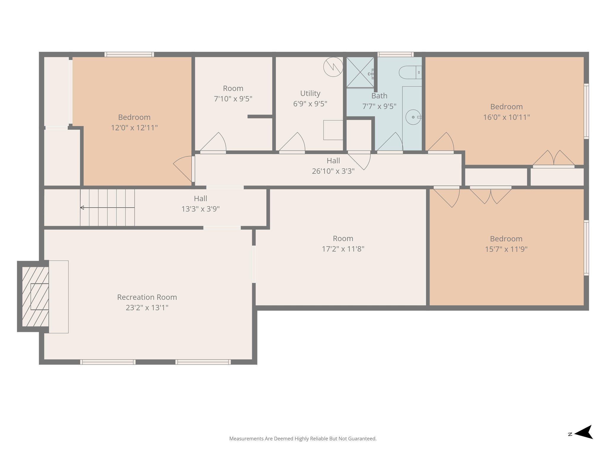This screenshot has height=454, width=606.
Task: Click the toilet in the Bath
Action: click(410, 72)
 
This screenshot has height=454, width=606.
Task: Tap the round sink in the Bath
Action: click(413, 117)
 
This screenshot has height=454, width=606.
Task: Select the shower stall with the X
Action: click(360, 72)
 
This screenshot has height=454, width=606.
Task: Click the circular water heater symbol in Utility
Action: click(333, 67)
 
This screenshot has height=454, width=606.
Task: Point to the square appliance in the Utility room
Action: click(333, 130)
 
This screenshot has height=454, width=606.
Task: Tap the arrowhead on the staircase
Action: click(82, 208)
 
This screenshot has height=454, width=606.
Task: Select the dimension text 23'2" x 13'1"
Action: click(147, 308)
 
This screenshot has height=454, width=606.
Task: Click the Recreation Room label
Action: click(147, 297)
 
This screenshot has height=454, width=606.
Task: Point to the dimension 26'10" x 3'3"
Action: click(333, 171)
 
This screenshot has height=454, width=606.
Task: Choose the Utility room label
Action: click(310, 93)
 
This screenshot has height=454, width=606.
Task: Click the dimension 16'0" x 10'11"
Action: click(506, 117)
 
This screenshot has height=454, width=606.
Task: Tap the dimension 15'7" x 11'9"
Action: click(506, 249)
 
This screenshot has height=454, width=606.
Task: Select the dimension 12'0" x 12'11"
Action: click(134, 128)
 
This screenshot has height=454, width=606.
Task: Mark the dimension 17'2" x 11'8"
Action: click(343, 249)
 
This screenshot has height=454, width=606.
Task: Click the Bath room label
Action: click(379, 96)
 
